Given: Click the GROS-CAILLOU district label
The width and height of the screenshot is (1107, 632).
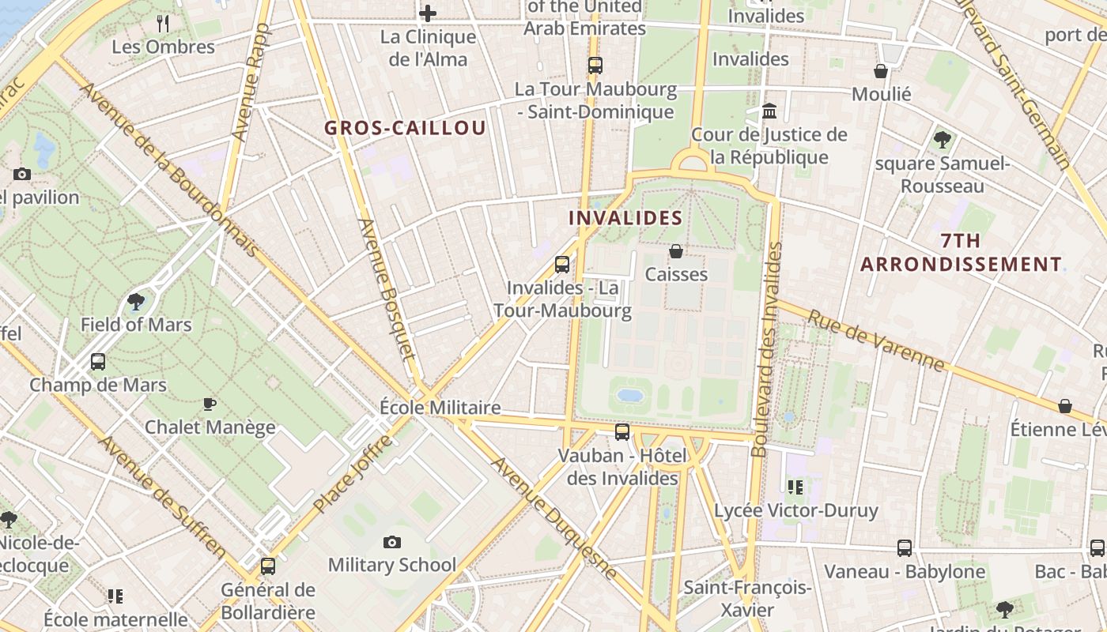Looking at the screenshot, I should tap(405, 128).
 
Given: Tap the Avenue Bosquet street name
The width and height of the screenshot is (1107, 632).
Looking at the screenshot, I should tap(387, 289).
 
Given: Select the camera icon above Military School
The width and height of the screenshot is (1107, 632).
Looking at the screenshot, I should tap(391, 542).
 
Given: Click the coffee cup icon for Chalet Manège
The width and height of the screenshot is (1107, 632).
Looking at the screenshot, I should tap(210, 404).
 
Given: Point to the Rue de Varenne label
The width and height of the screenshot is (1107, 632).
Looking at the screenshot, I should tap(875, 340).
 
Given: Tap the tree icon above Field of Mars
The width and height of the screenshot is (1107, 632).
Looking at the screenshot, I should tap(136, 301).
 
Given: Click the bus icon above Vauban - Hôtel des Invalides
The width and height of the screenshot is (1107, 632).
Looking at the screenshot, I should tap(622, 431).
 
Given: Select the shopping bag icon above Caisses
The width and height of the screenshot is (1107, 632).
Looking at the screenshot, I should tap(676, 251).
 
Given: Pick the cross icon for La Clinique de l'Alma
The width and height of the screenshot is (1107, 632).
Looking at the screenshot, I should tap(428, 13).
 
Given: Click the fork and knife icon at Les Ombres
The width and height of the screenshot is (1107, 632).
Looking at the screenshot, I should tap(163, 23).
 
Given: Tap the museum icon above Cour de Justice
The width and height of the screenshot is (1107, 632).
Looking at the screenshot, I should tap(769, 111).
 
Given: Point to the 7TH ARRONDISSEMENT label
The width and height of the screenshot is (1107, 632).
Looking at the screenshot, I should tap(961, 252).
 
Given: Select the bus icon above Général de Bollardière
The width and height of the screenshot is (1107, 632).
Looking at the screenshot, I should tap(268, 566).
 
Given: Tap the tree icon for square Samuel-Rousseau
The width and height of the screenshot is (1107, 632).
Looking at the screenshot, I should tap(942, 140).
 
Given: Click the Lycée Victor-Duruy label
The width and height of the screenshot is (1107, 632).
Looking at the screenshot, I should tap(796, 510).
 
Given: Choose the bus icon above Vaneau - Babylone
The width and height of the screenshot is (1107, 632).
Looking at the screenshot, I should tap(905, 547).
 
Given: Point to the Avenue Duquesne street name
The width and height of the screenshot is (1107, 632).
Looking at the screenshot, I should tap(553, 517).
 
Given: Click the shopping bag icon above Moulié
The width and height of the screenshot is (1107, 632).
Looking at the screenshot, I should tap(881, 71).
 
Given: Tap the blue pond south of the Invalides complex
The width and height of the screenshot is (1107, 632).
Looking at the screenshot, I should tap(630, 394).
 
